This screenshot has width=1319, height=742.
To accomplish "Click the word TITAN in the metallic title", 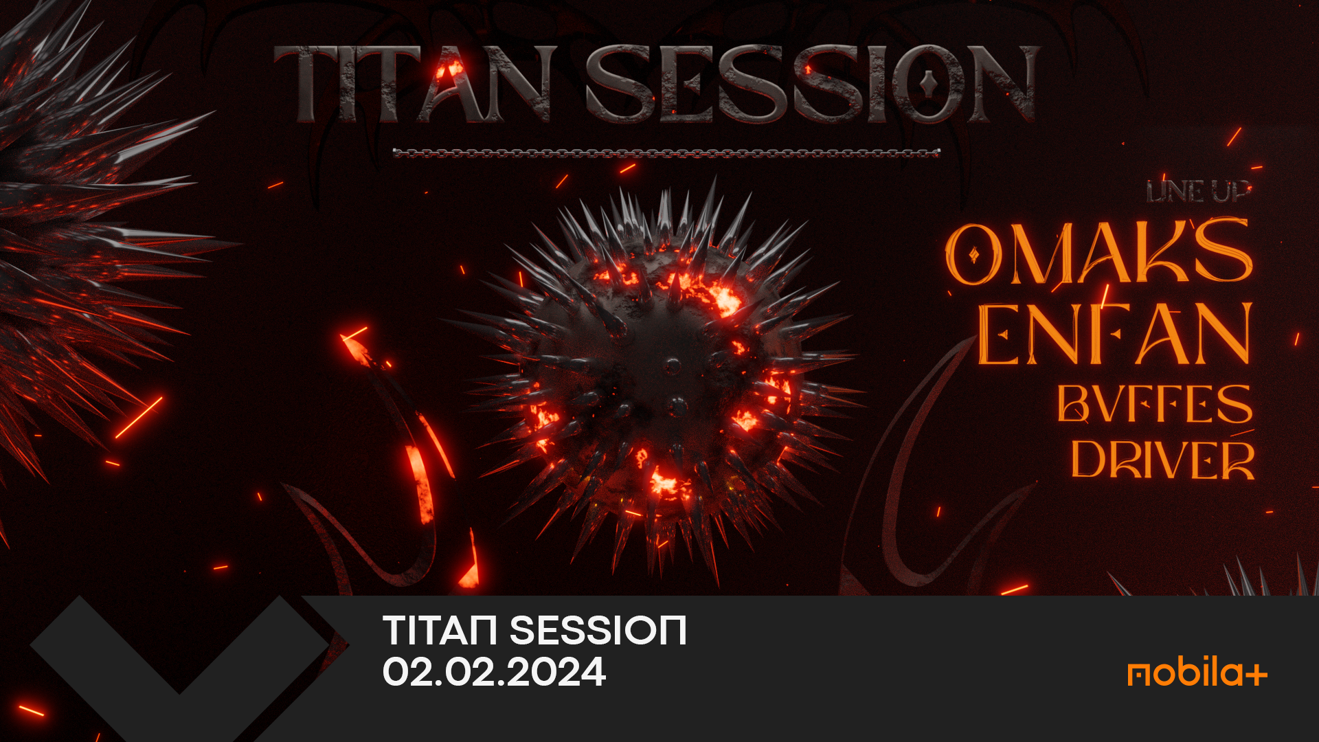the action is point(412,84).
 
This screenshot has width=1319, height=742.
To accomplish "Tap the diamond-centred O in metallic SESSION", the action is point(928,84).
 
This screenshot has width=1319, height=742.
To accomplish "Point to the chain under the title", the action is point(666,153).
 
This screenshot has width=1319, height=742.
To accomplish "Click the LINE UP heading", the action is point(1198,192).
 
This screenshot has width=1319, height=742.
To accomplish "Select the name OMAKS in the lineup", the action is point(1099,251).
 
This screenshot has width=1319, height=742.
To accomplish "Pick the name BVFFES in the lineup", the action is point(1155,403).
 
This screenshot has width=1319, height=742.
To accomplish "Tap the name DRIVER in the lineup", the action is point(1162,459).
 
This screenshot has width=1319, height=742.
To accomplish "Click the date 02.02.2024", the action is point(494,672).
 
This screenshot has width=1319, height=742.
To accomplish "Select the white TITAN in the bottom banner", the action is point(440,630).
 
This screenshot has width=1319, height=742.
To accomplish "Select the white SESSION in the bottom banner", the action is point(598,630).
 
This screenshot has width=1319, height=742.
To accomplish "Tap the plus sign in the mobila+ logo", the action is point(1256,675).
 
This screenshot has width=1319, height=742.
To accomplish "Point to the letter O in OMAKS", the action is point(974,254).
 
